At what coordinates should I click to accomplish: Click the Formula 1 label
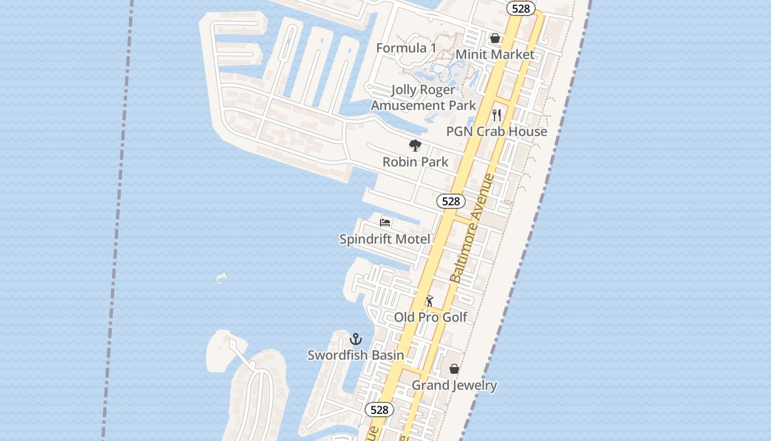(406, 48)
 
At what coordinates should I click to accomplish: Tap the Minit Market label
(495, 55)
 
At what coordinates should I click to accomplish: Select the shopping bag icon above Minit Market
(495, 38)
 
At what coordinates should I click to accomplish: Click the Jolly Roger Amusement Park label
(423, 98)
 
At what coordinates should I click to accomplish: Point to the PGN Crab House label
(496, 131)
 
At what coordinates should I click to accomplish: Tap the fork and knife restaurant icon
(497, 115)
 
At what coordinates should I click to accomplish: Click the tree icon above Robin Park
(415, 146)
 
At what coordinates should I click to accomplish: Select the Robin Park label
(415, 162)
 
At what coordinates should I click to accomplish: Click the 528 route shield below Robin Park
(450, 201)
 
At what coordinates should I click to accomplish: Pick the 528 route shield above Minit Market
(520, 8)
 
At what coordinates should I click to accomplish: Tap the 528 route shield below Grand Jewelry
(379, 410)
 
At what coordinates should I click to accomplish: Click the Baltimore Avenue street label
(472, 228)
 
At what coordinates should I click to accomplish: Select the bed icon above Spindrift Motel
(385, 223)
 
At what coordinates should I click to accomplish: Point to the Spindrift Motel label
(384, 239)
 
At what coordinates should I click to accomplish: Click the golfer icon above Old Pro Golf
(430, 301)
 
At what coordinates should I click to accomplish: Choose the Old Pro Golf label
(430, 317)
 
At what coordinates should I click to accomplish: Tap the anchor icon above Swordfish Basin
(356, 339)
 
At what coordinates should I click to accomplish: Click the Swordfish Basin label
(355, 355)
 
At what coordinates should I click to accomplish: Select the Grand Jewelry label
(454, 385)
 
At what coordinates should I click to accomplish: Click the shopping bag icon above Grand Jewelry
(454, 369)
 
